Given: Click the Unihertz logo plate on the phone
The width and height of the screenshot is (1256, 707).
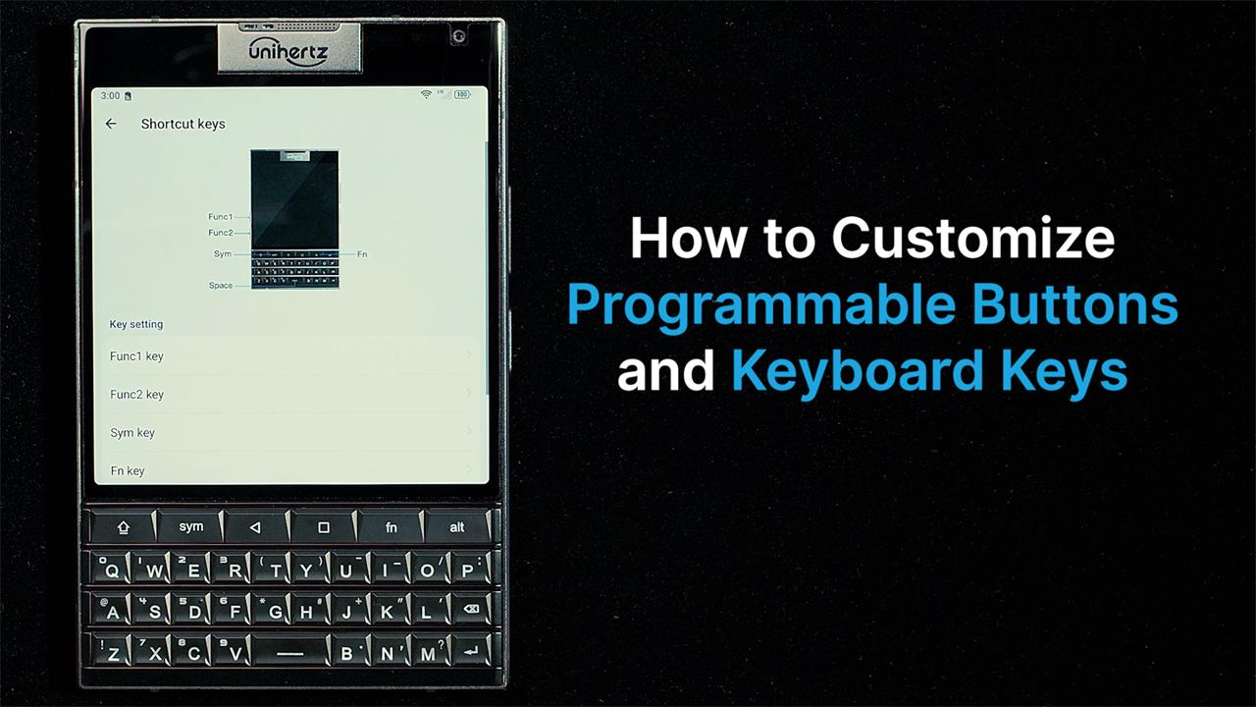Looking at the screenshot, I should click(x=288, y=48).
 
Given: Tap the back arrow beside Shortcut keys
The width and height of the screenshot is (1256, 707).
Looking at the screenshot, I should click(x=111, y=124).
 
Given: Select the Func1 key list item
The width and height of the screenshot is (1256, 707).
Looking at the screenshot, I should click(x=290, y=356).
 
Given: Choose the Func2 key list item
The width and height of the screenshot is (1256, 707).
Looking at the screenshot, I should click(x=290, y=395).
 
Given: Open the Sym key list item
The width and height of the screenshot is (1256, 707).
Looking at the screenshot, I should click(x=290, y=433).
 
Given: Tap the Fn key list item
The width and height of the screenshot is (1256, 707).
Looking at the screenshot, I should click(x=290, y=470).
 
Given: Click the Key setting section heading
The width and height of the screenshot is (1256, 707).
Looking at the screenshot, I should click(x=136, y=324).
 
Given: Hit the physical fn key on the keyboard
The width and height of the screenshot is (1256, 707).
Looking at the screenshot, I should click(x=391, y=527).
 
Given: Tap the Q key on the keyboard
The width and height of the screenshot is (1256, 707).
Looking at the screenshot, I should click(x=113, y=570).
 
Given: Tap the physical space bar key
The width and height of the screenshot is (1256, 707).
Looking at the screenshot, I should click(x=289, y=652).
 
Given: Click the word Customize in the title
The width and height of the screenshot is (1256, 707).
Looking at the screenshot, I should click(x=973, y=239).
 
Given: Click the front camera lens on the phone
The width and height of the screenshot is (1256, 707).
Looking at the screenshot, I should click(x=458, y=37).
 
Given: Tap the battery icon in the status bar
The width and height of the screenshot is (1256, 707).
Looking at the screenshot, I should click(x=461, y=95).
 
